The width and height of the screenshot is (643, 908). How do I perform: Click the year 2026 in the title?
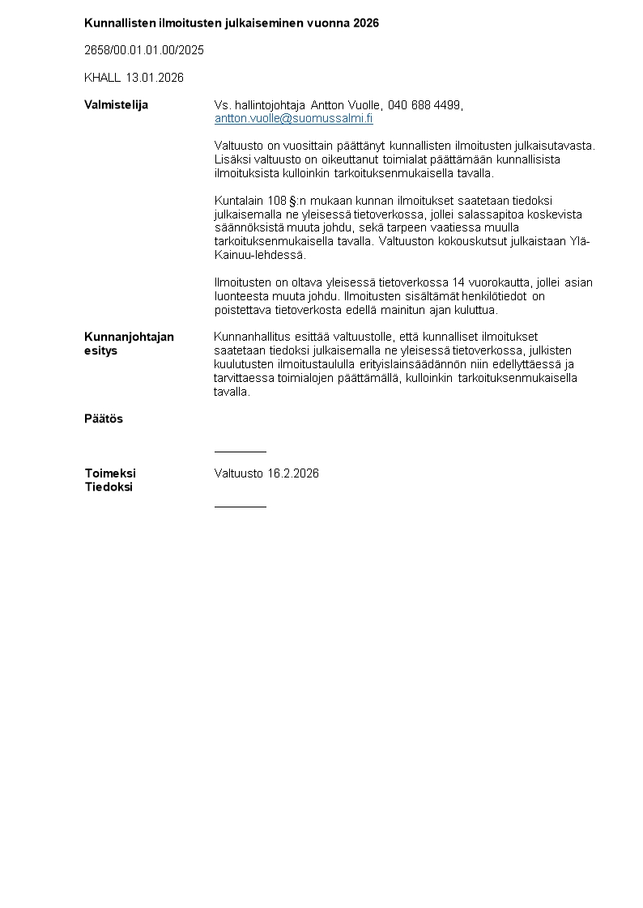click(x=366, y=23)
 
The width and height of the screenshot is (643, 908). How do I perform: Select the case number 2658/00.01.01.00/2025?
click(x=144, y=50)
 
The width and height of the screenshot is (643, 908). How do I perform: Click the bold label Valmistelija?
click(x=116, y=105)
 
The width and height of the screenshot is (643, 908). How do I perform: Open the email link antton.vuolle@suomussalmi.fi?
click(x=293, y=118)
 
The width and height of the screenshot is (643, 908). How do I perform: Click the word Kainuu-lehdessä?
click(x=260, y=255)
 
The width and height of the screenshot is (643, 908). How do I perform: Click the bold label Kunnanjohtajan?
click(x=129, y=337)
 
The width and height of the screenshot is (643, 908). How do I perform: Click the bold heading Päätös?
click(x=104, y=419)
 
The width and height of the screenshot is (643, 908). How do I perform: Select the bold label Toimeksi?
click(x=110, y=473)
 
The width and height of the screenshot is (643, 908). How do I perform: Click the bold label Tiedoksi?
click(x=109, y=487)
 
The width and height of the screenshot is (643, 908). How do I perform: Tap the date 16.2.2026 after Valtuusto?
click(x=293, y=473)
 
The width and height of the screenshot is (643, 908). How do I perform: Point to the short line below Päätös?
click(x=240, y=452)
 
